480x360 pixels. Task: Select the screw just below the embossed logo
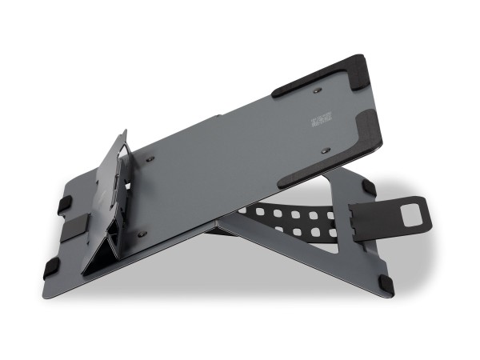coord(324,150)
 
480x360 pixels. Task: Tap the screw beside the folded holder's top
coord(150,160)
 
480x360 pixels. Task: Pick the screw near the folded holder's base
coord(142,234)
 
